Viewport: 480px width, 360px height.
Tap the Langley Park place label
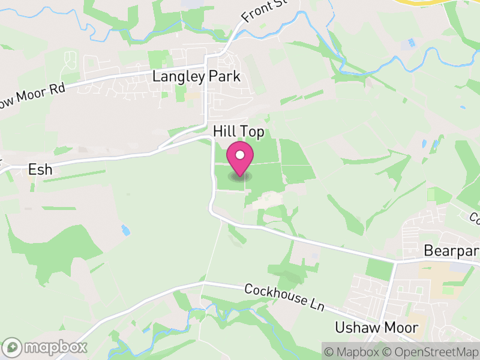pyautogui.click(x=196, y=77)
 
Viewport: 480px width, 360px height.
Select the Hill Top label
pyautogui.click(x=238, y=131)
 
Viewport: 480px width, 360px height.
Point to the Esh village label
pyautogui.click(x=40, y=170)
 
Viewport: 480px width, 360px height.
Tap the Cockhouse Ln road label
pyautogui.click(x=284, y=298)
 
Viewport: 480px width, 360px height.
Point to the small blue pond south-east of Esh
pyautogui.click(x=125, y=230)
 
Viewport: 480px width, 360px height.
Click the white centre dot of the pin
pyautogui.click(x=240, y=155)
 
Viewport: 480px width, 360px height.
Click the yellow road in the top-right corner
pyautogui.click(x=420, y=2)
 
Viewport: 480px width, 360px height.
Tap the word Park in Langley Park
pyautogui.click(x=224, y=77)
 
